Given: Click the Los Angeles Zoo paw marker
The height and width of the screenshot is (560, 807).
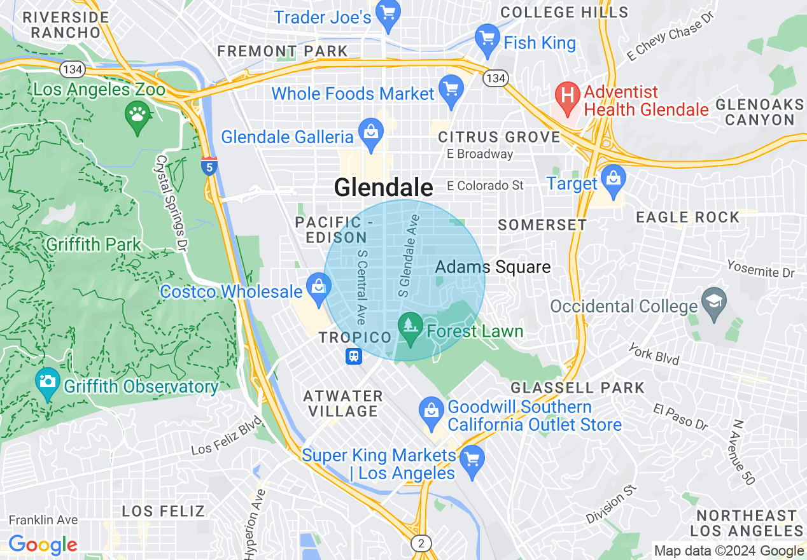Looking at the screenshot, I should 137,115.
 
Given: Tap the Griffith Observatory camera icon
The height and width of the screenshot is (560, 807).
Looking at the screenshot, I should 48,381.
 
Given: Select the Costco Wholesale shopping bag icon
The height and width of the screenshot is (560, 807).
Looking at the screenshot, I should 319,287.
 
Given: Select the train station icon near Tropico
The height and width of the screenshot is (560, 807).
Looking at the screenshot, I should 354,356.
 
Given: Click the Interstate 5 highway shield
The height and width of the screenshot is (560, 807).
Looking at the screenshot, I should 209,167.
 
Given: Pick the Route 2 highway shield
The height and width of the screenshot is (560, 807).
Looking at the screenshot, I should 421,543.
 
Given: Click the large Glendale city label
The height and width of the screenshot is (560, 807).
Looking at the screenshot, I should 383,187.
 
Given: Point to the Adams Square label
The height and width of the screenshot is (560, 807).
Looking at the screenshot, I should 493,267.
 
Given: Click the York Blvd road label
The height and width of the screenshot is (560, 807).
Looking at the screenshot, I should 654,354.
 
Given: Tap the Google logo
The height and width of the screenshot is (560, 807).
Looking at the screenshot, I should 43,544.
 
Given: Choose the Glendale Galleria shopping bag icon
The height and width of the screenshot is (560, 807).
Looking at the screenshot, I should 370,132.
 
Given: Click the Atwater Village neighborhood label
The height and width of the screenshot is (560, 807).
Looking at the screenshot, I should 343,403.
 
